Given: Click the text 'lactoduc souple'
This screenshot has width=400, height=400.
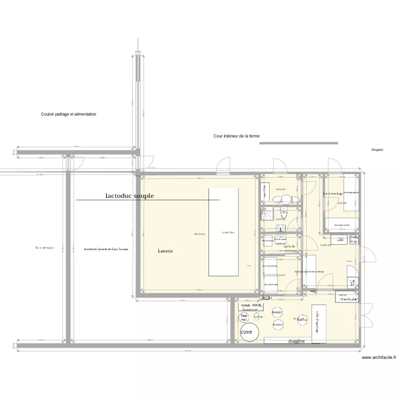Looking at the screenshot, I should (x=130, y=196).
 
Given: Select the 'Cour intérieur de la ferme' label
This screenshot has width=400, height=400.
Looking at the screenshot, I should (x=236, y=137).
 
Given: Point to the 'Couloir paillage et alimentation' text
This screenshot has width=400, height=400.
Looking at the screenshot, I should (x=68, y=114).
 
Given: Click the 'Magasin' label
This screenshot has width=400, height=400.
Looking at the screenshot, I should (x=378, y=150).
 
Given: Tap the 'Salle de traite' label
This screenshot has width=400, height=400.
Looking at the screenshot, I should (x=45, y=247).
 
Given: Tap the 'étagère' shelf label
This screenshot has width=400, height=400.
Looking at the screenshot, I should (x=296, y=341).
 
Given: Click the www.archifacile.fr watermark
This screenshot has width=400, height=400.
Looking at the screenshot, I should (x=379, y=358).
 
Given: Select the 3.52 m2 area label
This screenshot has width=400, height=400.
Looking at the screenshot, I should (x=281, y=219).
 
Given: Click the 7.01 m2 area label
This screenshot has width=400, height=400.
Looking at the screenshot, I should (x=342, y=203).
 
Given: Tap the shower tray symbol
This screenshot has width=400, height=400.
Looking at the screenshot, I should (x=267, y=214).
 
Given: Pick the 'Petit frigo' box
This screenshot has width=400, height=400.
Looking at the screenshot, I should (x=354, y=239).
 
